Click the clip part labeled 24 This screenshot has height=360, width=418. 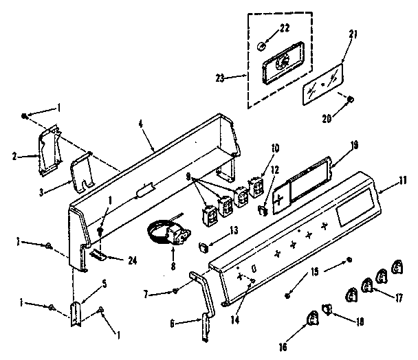(98, 254)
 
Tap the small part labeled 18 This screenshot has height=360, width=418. (328, 313)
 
